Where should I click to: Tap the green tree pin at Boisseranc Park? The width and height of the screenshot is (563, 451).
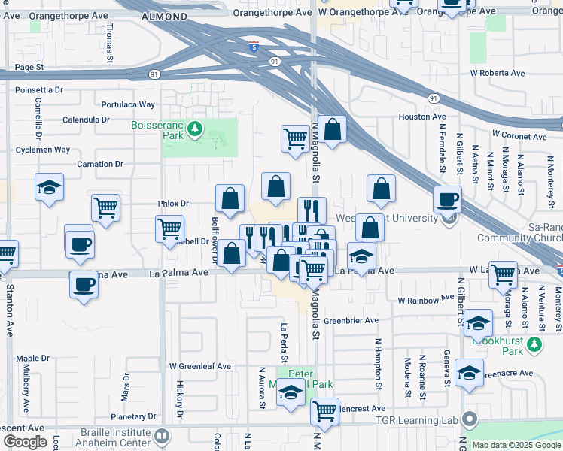click(x=196, y=130)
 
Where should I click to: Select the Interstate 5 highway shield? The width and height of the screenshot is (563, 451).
click(x=254, y=47)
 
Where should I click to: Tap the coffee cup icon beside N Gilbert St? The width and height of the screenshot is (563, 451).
click(x=447, y=201)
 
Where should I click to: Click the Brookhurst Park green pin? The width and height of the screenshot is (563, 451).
click(x=534, y=345)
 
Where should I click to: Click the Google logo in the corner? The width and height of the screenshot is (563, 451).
click(x=26, y=442)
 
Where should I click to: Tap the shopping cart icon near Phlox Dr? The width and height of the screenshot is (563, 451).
click(x=105, y=208)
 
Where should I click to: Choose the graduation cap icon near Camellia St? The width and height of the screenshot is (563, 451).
click(x=49, y=187)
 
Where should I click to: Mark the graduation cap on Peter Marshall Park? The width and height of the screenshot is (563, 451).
click(x=291, y=394)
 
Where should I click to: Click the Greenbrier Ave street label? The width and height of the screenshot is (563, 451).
click(x=351, y=320)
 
